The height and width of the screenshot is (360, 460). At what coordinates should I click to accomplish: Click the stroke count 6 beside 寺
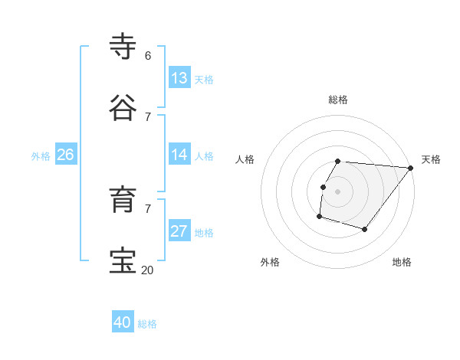tap(147, 55)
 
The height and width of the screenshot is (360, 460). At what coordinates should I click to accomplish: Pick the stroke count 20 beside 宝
tap(147, 270)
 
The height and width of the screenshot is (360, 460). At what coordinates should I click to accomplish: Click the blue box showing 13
tap(179, 78)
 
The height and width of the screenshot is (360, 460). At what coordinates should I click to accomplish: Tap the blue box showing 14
tap(179, 155)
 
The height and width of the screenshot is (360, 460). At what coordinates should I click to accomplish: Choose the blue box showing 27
tap(179, 231)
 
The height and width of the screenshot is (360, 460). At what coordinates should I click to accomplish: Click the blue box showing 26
tap(65, 155)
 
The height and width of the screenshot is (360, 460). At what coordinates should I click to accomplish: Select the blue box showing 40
tap(122, 322)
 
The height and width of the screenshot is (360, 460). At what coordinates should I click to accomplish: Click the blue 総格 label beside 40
tap(147, 324)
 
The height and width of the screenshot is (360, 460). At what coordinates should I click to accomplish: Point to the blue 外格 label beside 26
tap(41, 156)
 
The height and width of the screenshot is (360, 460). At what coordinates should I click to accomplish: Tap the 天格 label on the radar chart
tap(431, 159)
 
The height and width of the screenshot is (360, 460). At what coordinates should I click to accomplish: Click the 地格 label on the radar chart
tap(402, 262)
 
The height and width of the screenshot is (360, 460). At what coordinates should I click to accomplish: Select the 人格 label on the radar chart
tap(245, 159)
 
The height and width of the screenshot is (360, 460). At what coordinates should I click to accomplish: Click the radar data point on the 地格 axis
tap(365, 229)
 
